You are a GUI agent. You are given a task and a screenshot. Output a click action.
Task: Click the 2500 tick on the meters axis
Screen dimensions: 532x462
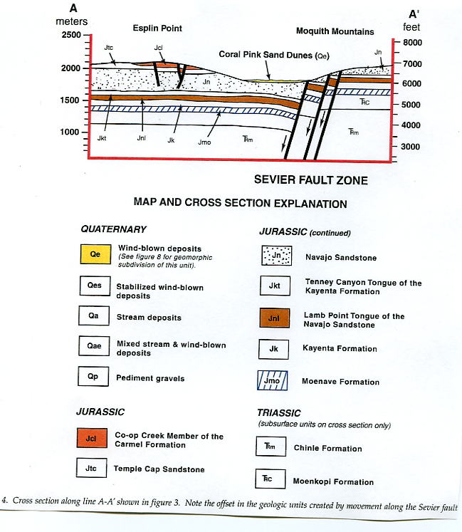point(88,35)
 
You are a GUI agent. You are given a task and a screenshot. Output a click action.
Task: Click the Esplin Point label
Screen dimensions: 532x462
point(158,29)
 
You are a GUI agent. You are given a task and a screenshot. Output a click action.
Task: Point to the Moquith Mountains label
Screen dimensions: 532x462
point(335,31)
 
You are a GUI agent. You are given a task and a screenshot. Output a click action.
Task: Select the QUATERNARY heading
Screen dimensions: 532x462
point(114,229)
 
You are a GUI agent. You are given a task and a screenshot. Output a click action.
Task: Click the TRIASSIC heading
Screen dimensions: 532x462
point(279,412)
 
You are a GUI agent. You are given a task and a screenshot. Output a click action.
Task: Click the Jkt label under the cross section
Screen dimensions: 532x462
point(104,139)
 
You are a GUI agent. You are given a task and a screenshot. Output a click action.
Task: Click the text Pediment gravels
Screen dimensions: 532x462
point(150,378)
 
